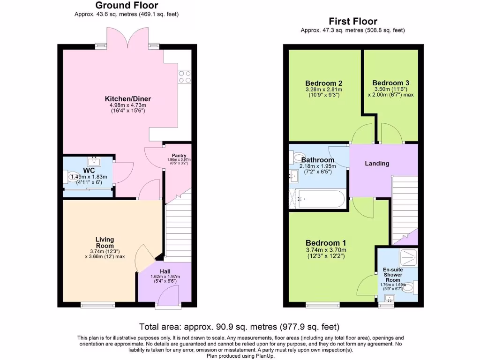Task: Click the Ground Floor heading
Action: (x=127, y=6)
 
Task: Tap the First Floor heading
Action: (x=352, y=21)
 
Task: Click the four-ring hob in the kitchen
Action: (x=185, y=76)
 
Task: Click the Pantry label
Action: (x=179, y=156)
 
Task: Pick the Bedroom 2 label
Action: (x=323, y=83)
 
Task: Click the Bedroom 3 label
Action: (x=391, y=83)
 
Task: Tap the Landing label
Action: (x=377, y=164)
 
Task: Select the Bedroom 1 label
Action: (x=326, y=243)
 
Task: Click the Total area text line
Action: (x=240, y=327)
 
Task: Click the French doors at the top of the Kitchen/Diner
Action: (x=127, y=37)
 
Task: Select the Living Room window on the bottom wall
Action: (x=97, y=306)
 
